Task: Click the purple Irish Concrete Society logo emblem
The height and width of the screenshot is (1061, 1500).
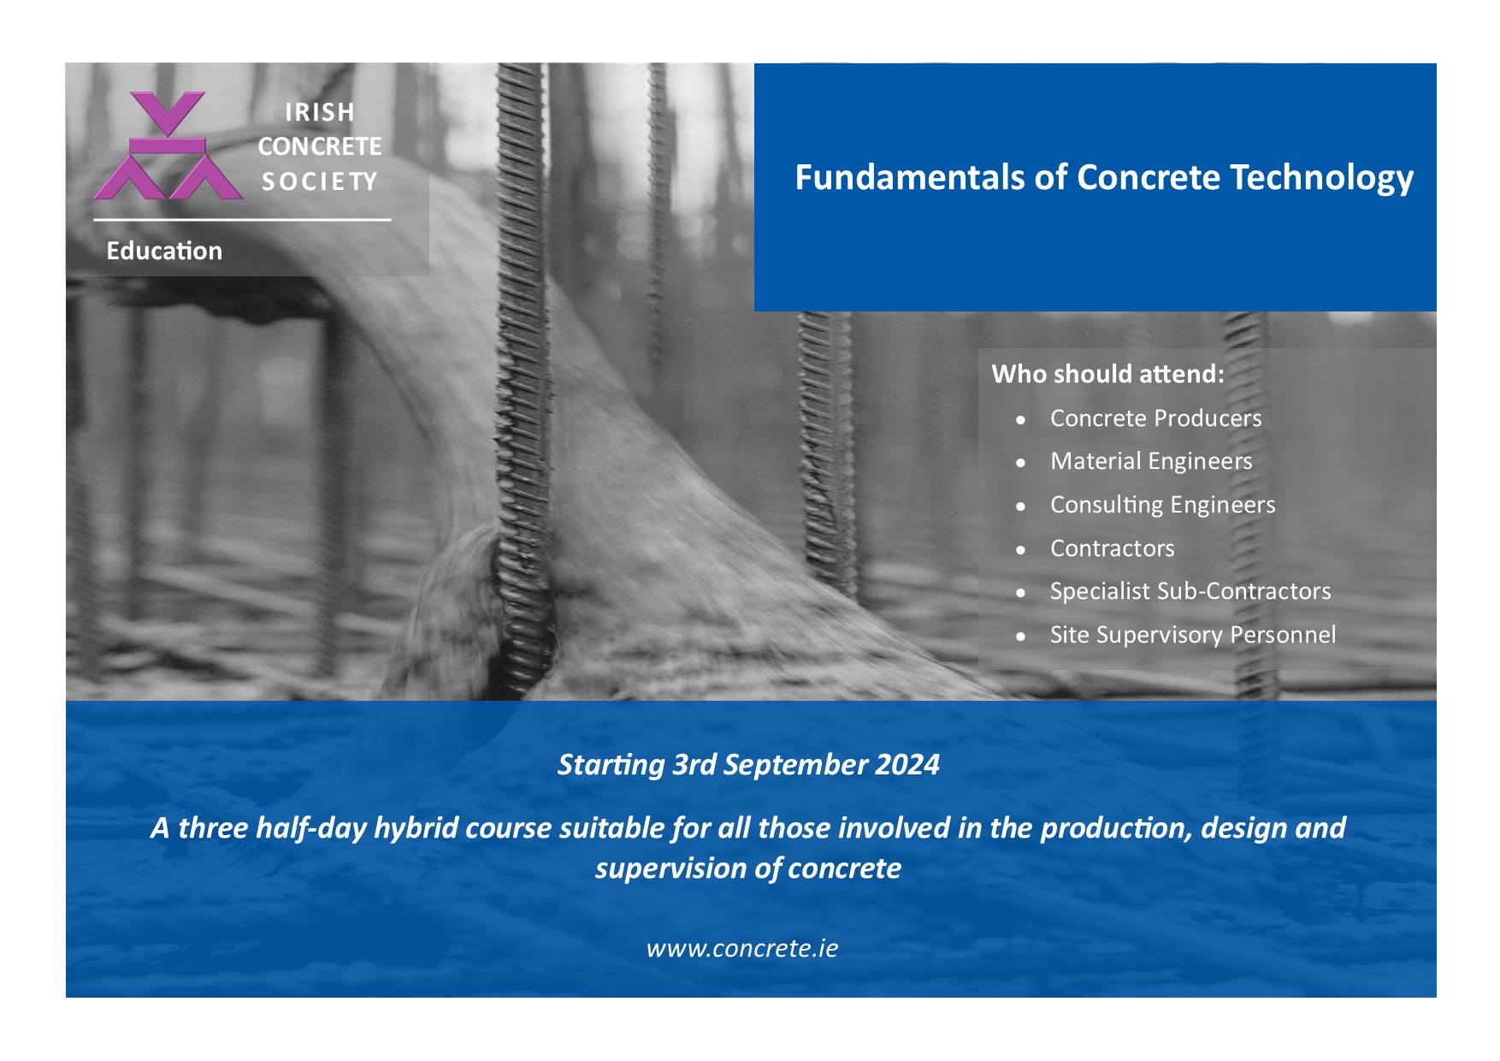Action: pyautogui.click(x=168, y=145)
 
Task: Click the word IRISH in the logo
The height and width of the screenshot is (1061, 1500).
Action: pyautogui.click(x=320, y=112)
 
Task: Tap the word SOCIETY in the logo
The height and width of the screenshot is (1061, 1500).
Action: pyautogui.click(x=320, y=181)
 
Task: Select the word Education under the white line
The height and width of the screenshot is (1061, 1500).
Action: pyautogui.click(x=164, y=251)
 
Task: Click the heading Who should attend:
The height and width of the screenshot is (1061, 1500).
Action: pyautogui.click(x=1108, y=374)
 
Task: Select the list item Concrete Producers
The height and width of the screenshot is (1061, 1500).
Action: pyautogui.click(x=1155, y=418)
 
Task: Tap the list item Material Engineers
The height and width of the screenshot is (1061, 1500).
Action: pyautogui.click(x=1151, y=462)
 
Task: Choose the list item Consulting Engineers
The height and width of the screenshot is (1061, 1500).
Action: pyautogui.click(x=1162, y=506)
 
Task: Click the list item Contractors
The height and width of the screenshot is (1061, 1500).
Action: pyautogui.click(x=1112, y=548)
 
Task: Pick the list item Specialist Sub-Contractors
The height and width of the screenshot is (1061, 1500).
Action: pyautogui.click(x=1190, y=591)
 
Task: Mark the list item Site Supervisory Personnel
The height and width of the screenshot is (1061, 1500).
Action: pyautogui.click(x=1192, y=635)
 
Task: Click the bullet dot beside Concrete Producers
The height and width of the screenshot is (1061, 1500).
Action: pyautogui.click(x=1020, y=420)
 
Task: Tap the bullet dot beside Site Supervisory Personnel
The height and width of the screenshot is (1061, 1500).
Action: pyautogui.click(x=1020, y=637)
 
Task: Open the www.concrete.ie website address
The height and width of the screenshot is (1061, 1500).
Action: pyautogui.click(x=742, y=948)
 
